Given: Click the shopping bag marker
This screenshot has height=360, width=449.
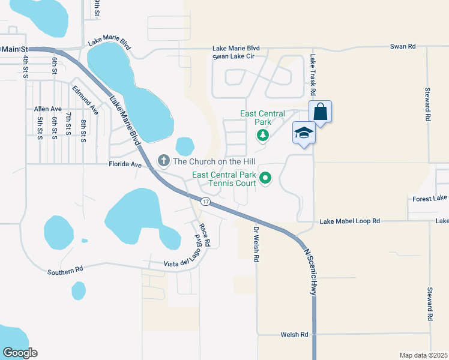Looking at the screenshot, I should [x=321, y=112].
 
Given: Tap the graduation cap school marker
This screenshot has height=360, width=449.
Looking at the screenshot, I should [x=304, y=133].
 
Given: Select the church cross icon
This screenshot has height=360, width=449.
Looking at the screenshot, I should [x=163, y=160].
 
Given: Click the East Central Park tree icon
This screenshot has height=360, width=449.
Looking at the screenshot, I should [x=262, y=136].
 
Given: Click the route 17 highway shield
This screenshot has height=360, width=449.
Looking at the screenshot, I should [x=205, y=201].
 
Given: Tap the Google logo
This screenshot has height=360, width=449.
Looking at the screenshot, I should [x=19, y=353].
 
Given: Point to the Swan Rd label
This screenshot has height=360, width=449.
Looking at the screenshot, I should [x=402, y=46].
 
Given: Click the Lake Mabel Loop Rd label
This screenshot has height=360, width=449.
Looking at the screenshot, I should [x=350, y=221].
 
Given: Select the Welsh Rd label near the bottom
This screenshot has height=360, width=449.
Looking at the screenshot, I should [x=295, y=334].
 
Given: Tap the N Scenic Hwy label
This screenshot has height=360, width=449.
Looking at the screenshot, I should [x=310, y=271].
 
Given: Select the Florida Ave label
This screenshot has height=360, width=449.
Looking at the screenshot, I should [x=124, y=163].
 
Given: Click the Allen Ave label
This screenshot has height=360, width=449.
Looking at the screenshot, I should [x=48, y=109].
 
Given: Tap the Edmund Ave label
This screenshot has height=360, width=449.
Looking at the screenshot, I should [x=85, y=100].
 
